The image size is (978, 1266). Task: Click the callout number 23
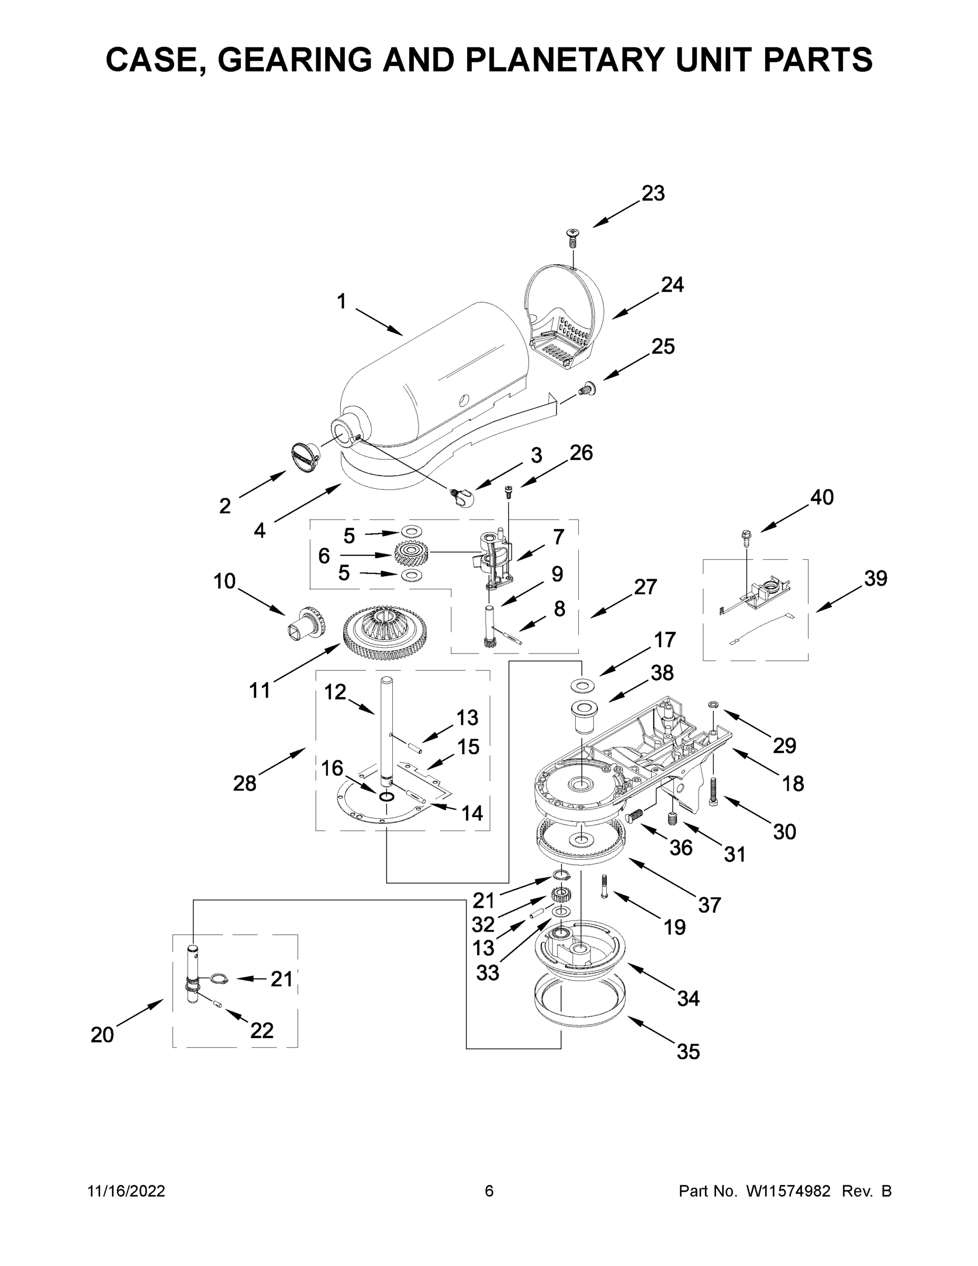pos(653,194)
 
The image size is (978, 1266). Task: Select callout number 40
pos(821,497)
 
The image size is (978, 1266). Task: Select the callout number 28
pos(245,784)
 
